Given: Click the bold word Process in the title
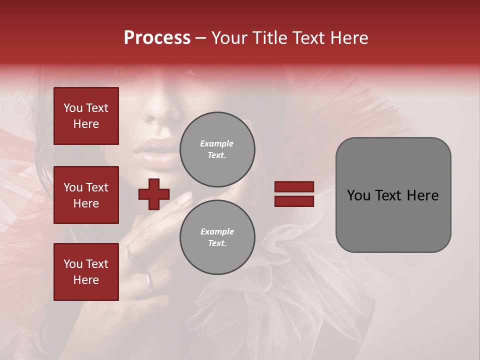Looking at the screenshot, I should [x=157, y=38].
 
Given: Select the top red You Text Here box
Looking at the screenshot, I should [x=86, y=116].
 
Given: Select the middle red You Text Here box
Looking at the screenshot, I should [x=86, y=195].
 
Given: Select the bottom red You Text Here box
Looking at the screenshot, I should [x=86, y=272].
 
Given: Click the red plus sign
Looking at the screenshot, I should [x=154, y=194].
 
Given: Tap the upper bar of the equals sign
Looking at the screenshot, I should [x=294, y=186].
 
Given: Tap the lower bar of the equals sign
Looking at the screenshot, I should [x=294, y=201].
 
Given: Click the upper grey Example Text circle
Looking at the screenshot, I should [x=217, y=149].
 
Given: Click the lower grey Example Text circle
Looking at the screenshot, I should [x=217, y=237].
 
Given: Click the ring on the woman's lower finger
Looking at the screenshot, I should [x=148, y=281].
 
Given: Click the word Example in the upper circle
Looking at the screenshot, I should [x=217, y=143].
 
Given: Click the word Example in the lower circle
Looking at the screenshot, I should [x=217, y=231].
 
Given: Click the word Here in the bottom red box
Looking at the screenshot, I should [x=86, y=280].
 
